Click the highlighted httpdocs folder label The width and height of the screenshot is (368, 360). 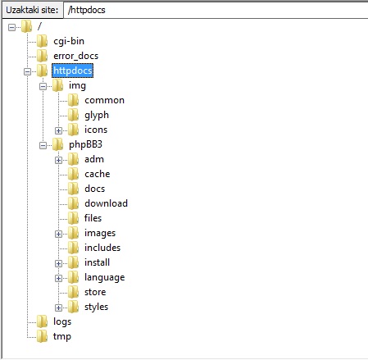click(72, 71)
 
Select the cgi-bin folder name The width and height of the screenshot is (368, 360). click(69, 41)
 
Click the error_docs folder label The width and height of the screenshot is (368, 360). click(75, 56)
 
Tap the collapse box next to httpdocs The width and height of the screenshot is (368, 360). click(27, 71)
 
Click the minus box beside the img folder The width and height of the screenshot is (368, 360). click(43, 86)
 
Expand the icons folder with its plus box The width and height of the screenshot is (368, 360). click(58, 130)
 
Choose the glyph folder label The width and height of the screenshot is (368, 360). click(97, 116)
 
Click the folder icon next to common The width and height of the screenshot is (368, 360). click(73, 100)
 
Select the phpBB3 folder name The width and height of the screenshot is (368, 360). click(85, 144)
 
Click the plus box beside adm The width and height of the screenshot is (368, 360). click(58, 160)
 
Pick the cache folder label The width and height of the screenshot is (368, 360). click(98, 174)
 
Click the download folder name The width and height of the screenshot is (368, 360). click(106, 203)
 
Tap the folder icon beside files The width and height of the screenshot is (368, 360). click(73, 218)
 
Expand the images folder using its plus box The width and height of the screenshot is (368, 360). click(58, 234)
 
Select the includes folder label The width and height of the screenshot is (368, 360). click(102, 248)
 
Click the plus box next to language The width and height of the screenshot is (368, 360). click(58, 278)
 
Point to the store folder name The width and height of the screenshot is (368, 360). click(95, 292)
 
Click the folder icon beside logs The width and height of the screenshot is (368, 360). click(42, 321)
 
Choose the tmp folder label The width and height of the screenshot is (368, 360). click(62, 336)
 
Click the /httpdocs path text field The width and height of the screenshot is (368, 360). click(216, 10)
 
